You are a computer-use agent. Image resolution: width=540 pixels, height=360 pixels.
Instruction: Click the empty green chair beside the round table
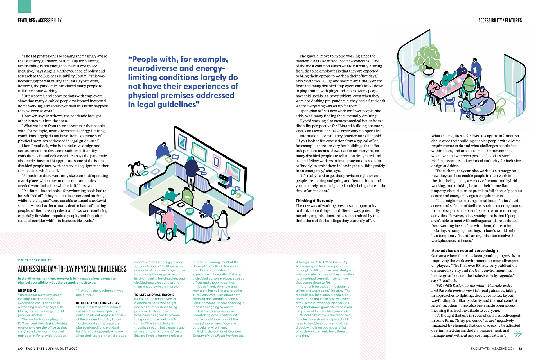click(500, 107)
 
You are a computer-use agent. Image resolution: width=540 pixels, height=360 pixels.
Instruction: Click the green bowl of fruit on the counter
click(190, 211)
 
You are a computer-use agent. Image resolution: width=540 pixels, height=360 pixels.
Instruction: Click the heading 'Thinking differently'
click(314, 201)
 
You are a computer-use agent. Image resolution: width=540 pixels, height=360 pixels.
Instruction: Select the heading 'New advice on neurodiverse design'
click(464, 250)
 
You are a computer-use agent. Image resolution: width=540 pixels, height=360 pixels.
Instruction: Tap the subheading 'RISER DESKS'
click(27, 291)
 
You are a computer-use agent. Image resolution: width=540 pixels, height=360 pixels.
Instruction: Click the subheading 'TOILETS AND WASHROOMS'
click(154, 295)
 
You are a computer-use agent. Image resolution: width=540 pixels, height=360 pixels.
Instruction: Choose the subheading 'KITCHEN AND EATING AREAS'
click(97, 303)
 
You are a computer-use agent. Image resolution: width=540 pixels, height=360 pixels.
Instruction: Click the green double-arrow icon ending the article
click(517, 333)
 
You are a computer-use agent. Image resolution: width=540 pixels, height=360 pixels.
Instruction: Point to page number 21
click(521, 348)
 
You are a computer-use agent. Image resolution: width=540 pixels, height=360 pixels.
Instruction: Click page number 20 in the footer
click(20, 348)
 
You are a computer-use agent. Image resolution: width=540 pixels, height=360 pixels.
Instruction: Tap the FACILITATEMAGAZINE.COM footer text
click(493, 348)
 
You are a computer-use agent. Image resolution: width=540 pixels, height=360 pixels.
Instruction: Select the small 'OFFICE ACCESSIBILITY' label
click(35, 260)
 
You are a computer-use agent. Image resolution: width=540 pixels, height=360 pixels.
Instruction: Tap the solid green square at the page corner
click(24, 6)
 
